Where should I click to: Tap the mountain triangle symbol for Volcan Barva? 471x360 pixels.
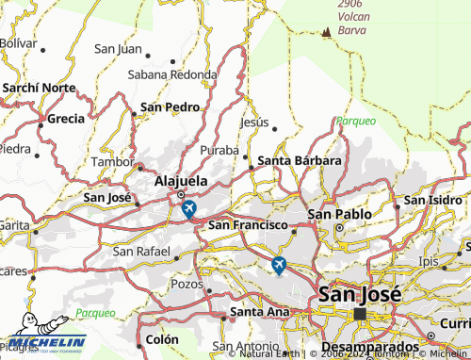tap(326, 31)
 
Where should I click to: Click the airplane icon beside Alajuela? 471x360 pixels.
tap(188, 208)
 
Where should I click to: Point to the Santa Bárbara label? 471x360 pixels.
tap(299, 160)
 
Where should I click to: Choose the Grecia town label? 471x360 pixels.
tap(65, 119)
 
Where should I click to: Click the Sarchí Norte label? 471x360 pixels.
tap(39, 87)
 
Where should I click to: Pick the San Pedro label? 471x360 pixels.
tap(170, 106)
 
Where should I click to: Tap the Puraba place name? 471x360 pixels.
tap(219, 150)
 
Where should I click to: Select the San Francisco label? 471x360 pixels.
tap(247, 225)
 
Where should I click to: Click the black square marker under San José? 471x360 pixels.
tap(359, 314)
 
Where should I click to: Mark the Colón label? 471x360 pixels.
tap(160, 339)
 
